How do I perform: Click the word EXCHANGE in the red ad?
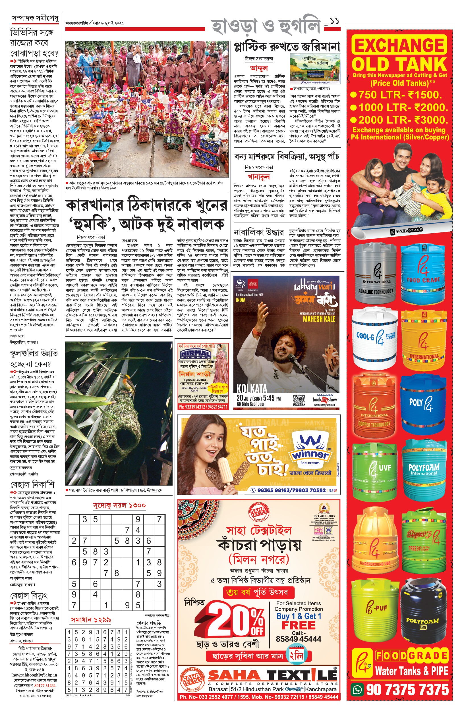point(399,45)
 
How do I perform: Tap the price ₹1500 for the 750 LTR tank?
point(425,95)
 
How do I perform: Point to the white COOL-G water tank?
point(374,338)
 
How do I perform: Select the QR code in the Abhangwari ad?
point(299,400)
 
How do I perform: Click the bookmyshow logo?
point(325,399)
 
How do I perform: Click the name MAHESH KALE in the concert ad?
point(319,319)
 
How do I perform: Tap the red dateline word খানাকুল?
point(259,176)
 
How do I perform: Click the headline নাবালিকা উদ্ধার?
point(259,232)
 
